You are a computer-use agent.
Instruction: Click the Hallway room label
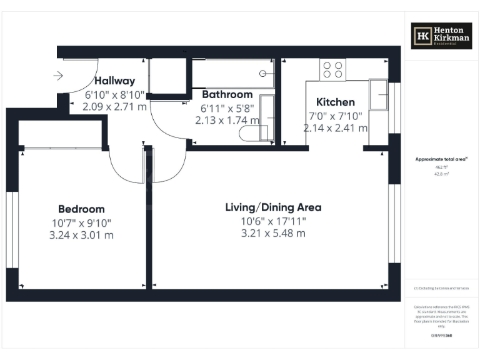[114, 81]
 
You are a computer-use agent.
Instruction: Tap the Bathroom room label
[227, 94]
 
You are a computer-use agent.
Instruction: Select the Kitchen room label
[335, 102]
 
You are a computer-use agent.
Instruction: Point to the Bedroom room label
[81, 209]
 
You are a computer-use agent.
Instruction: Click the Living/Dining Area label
[273, 207]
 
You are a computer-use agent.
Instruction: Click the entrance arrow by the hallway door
[58, 76]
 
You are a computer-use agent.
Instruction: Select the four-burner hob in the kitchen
[332, 69]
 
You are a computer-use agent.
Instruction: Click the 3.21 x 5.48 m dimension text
[273, 233]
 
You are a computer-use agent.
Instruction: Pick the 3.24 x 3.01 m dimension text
[81, 235]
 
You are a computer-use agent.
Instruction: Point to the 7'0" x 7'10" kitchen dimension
[335, 115]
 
